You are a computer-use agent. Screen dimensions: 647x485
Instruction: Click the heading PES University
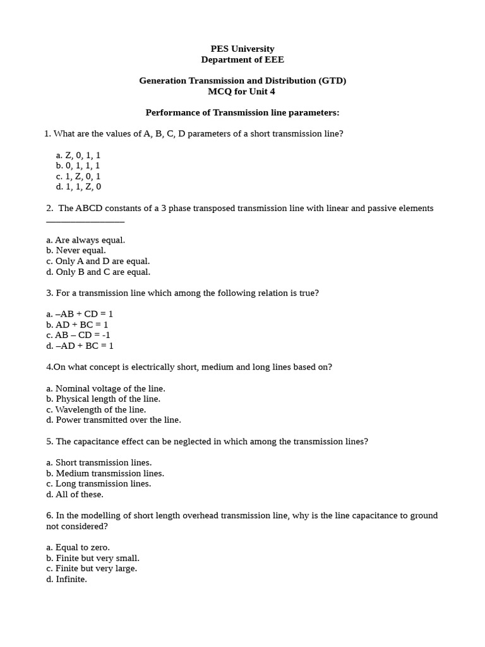click(x=242, y=49)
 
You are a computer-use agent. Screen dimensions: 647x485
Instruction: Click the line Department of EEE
click(x=242, y=59)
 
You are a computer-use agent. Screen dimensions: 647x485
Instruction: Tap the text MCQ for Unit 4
click(x=242, y=91)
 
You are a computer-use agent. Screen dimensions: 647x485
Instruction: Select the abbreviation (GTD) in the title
click(x=332, y=80)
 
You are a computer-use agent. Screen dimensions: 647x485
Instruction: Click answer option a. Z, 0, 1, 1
click(x=78, y=155)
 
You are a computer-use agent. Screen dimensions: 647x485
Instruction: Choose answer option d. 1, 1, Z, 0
click(x=78, y=186)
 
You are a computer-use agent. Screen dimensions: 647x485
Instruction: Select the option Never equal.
click(x=76, y=250)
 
